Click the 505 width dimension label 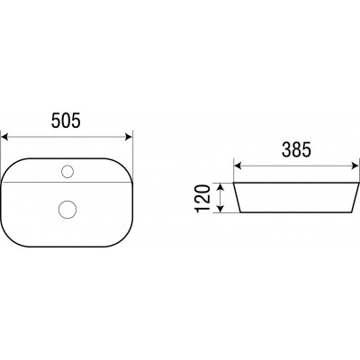[66, 121]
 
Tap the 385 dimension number [296, 149]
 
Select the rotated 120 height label [203, 199]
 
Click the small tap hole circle [67, 172]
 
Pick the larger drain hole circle [67, 209]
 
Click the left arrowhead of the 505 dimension [4, 137]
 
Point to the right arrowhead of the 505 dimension [129, 137]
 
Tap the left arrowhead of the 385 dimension [238, 166]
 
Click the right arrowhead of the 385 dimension [355, 166]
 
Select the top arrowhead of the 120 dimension [220, 187]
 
